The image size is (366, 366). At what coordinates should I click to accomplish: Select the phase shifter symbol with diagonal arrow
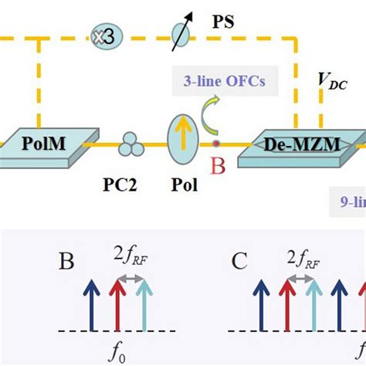[179, 34]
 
